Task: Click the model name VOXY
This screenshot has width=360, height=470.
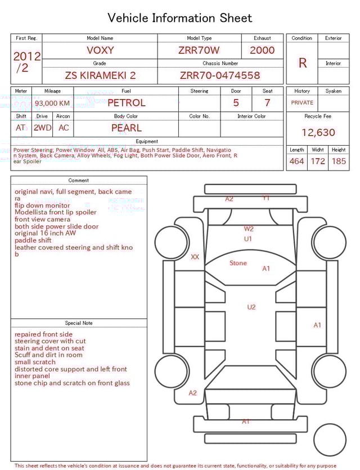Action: (100, 50)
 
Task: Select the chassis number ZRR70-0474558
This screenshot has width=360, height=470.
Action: (220, 75)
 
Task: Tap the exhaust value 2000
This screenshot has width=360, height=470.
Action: (262, 50)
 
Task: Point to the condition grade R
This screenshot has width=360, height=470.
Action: (303, 63)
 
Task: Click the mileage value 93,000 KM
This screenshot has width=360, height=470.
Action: (52, 104)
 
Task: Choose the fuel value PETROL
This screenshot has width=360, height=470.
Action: (126, 103)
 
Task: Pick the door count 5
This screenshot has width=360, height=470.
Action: (236, 103)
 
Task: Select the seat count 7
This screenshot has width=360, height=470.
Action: (267, 103)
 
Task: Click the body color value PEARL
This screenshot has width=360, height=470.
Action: (126, 128)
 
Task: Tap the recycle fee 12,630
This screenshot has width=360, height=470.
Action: (318, 133)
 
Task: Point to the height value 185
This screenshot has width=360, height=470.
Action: (339, 162)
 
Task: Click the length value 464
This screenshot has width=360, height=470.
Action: (296, 162)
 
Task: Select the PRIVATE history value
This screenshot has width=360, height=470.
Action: (302, 103)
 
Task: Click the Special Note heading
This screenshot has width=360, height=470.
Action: (79, 323)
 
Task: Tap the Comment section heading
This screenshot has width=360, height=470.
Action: (79, 181)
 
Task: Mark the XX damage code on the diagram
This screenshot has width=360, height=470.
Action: (195, 257)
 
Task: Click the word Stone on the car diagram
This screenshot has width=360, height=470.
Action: (238, 263)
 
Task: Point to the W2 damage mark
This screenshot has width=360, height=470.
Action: (249, 229)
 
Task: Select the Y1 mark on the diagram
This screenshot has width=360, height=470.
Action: (266, 198)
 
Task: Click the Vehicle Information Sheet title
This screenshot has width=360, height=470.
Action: (180, 18)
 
